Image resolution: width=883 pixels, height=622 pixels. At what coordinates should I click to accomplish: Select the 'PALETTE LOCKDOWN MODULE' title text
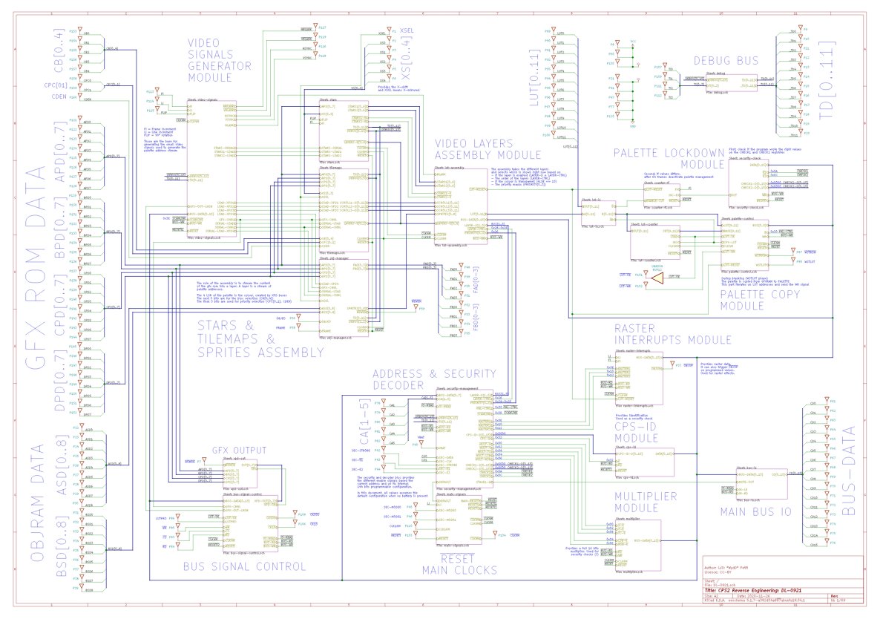[669, 158]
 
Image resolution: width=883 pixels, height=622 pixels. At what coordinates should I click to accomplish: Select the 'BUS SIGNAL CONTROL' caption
[244, 566]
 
